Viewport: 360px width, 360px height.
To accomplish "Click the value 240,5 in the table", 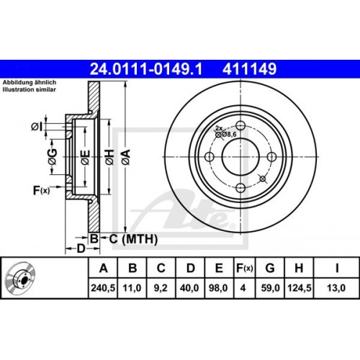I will click(x=103, y=287).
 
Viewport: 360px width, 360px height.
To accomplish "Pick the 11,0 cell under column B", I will click(x=132, y=287).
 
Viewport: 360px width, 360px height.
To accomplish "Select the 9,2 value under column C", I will click(x=161, y=287).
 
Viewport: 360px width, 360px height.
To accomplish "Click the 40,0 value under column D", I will click(x=190, y=287).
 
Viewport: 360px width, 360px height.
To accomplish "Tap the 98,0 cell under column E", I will click(x=219, y=287).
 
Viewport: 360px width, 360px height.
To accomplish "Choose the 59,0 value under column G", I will click(x=270, y=287).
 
